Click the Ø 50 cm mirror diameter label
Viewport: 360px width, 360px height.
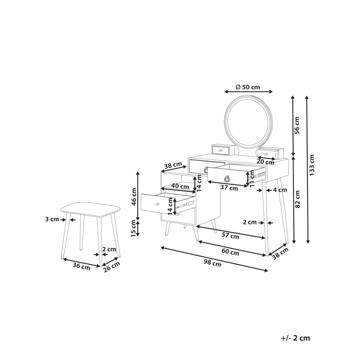pos(248,87)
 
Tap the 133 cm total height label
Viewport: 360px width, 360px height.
pos(311,165)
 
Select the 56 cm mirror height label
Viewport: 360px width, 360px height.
pos(297,125)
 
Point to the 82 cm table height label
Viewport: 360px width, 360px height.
pos(297,199)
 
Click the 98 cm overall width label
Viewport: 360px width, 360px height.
pos(212,263)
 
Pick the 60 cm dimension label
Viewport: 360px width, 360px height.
pos(230,252)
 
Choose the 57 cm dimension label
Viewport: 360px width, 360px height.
pos(230,235)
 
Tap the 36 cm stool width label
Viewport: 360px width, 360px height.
pos(81,266)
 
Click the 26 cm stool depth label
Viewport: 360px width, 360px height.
pos(112,266)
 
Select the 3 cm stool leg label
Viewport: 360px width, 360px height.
pos(52,219)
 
